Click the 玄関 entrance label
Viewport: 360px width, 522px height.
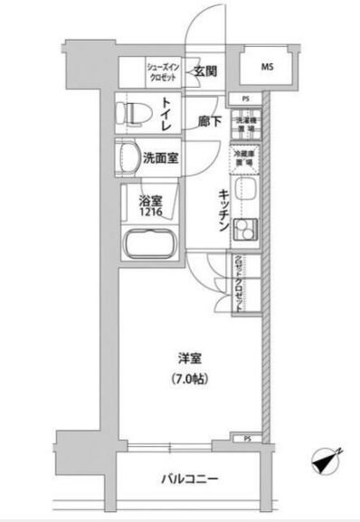click(203, 72)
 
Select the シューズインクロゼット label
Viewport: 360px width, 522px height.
click(166, 71)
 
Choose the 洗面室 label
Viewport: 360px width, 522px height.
click(160, 157)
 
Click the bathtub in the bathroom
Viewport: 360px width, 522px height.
click(148, 246)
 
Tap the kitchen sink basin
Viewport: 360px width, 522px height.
click(245, 193)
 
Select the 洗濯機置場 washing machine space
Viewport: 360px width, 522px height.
click(245, 126)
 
